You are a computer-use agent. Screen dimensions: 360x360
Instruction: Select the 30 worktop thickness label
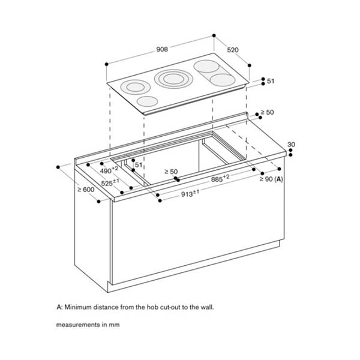tap(292, 145)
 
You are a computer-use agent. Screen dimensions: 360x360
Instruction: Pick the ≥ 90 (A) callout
tap(271, 179)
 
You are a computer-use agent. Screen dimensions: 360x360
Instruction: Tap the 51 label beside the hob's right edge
tap(271, 82)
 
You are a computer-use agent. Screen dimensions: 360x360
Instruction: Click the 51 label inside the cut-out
tap(139, 164)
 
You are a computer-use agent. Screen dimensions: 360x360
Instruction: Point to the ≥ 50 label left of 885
tap(170, 172)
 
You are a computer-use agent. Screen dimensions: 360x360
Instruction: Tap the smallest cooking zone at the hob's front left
tap(146, 102)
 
